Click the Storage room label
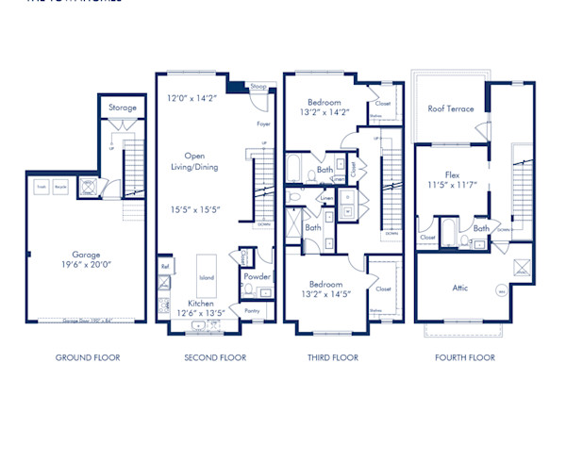click(x=123, y=107)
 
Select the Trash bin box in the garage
click(x=42, y=188)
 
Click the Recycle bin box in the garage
click(x=61, y=188)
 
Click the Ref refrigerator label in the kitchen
click(x=165, y=267)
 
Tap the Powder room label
click(x=257, y=277)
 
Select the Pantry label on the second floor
click(x=251, y=309)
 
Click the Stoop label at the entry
click(x=258, y=87)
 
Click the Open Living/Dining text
click(x=194, y=162)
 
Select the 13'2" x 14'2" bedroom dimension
click(x=324, y=112)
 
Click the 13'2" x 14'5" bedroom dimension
click(x=324, y=293)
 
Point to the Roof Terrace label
click(x=451, y=108)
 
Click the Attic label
click(x=459, y=288)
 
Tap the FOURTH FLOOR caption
click(x=465, y=357)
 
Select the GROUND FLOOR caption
click(x=88, y=357)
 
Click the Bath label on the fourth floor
click(x=481, y=228)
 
